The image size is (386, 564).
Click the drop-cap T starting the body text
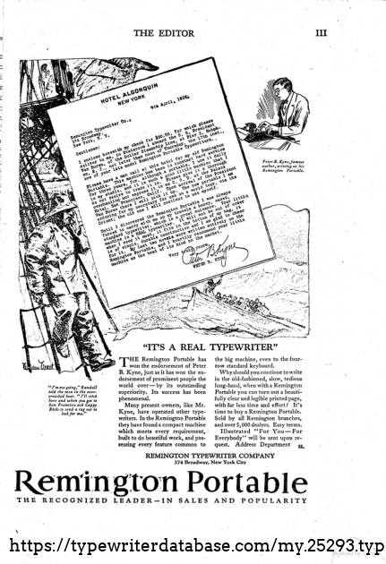tap(124, 361)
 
